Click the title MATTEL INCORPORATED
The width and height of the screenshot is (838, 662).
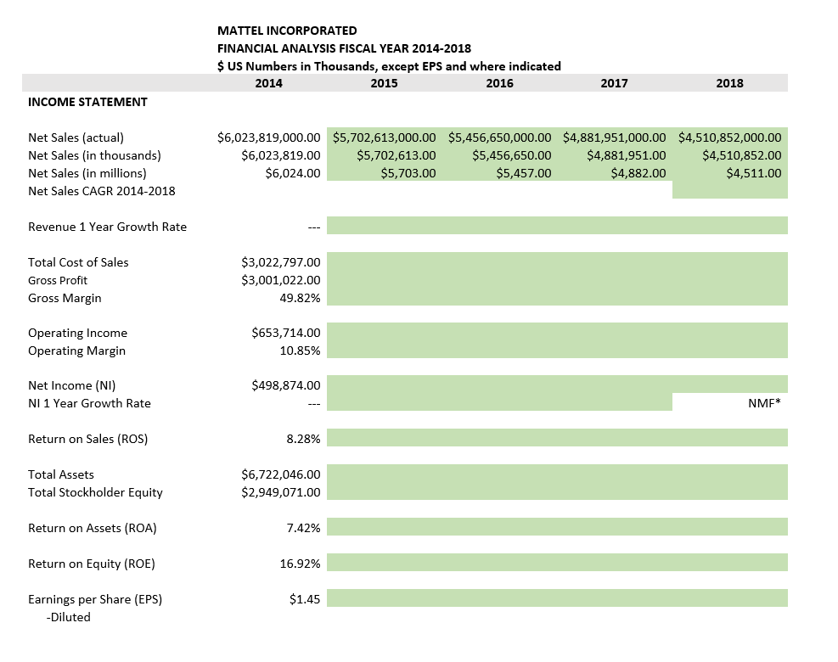coord(287,31)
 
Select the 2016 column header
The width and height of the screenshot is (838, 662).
coord(499,83)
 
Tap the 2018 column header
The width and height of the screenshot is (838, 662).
coord(729,83)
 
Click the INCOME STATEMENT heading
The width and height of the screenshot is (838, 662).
coord(87,102)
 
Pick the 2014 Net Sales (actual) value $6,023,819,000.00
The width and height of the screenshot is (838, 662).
coord(269,137)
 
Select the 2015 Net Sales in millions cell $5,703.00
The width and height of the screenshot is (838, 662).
coord(408,173)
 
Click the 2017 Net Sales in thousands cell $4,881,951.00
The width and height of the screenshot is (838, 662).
coord(627,155)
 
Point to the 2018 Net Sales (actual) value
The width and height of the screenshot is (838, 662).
coord(730,137)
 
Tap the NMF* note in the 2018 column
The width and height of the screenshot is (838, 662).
coord(764,404)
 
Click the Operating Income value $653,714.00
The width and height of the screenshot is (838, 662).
coord(286,333)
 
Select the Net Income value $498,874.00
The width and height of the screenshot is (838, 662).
coord(286,386)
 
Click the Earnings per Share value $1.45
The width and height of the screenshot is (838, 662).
coord(304,599)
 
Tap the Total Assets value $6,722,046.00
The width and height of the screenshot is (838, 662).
coord(281,474)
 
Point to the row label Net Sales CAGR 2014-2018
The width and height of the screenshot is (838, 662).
coord(101,191)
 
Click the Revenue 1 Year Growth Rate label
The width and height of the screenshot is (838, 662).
coord(107,227)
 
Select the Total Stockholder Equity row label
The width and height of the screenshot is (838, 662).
coord(95,492)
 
